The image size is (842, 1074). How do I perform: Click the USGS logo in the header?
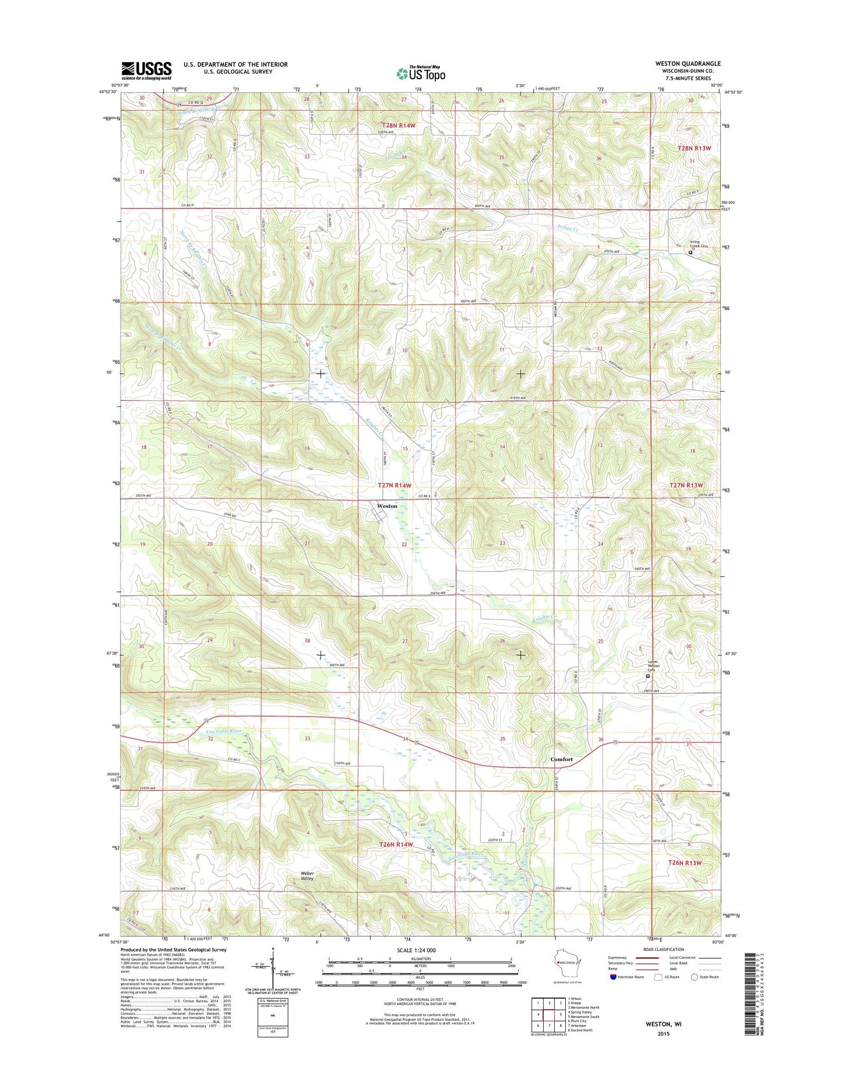(x=146, y=70)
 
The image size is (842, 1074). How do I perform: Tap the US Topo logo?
(x=421, y=73)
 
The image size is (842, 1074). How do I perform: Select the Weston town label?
(x=387, y=506)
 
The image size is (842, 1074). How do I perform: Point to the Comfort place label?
(x=562, y=759)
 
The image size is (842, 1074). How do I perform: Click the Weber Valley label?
(x=307, y=876)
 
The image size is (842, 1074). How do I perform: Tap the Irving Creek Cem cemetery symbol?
(x=690, y=253)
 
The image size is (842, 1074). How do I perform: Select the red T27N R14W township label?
(x=394, y=485)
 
